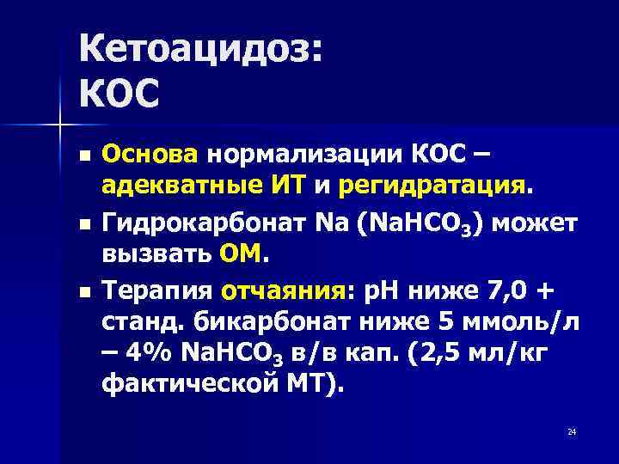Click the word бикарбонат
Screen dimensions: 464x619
click(268, 323)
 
